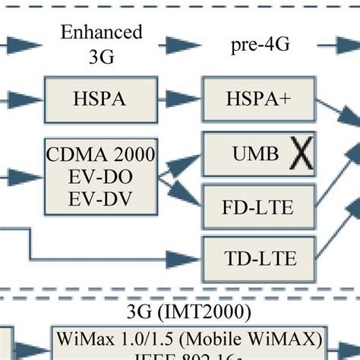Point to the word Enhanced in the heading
(101, 33)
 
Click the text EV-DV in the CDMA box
(101, 200)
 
